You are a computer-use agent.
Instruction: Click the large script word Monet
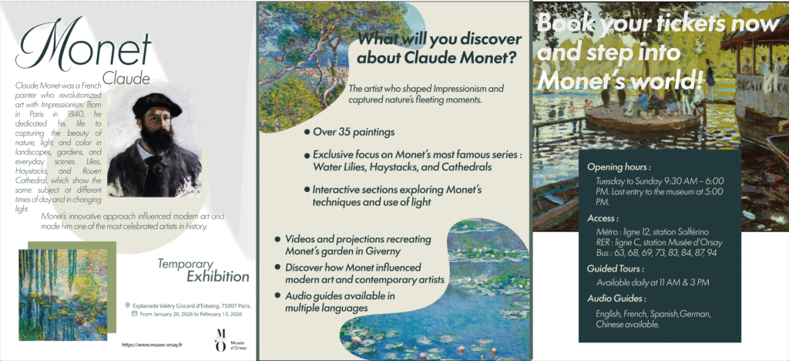click(x=83, y=46)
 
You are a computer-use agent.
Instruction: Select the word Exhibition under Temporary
click(x=218, y=276)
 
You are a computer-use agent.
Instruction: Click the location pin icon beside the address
click(x=128, y=305)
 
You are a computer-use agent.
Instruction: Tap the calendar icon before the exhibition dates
click(x=134, y=314)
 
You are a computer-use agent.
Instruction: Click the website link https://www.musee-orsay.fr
click(x=152, y=344)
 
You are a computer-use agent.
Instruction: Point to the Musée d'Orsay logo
click(x=228, y=340)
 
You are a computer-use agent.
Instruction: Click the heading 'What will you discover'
click(x=439, y=39)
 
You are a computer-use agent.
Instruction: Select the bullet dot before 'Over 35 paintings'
click(x=307, y=133)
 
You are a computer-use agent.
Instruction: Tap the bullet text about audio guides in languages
click(x=340, y=302)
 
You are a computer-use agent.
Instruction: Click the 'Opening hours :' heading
click(x=619, y=167)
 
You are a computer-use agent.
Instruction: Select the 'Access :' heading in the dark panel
click(x=603, y=218)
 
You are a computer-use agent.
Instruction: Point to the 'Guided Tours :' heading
click(x=616, y=269)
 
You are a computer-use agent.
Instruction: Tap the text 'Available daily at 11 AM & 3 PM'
click(x=653, y=282)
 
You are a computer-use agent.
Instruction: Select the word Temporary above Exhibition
click(x=185, y=264)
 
